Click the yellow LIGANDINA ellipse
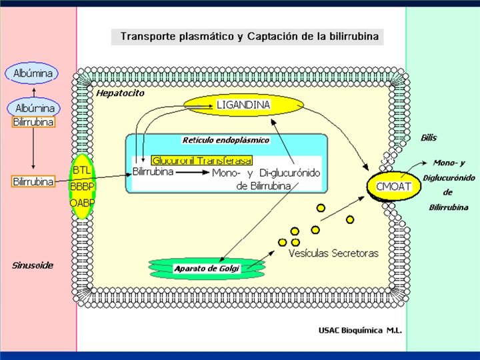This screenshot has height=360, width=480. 243,105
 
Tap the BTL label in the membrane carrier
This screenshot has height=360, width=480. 81,161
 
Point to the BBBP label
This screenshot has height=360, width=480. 81,187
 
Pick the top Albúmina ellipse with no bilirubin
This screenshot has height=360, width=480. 32,73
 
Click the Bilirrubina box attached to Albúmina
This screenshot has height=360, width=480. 33,123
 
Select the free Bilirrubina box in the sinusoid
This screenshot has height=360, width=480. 33,181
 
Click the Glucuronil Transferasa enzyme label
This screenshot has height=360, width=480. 202,161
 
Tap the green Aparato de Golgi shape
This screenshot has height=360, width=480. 206,268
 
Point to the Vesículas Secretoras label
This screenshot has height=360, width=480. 333,253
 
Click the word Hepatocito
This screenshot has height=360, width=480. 120,93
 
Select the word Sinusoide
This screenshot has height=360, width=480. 33,265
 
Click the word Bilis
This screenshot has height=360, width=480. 429,138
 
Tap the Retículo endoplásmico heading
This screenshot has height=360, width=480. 225,140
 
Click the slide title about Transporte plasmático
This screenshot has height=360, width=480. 249,36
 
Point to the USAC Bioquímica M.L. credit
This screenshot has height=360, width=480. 361,330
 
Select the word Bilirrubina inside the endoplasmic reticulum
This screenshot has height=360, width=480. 153,171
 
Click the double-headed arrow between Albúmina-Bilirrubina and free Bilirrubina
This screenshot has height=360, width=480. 33,151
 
